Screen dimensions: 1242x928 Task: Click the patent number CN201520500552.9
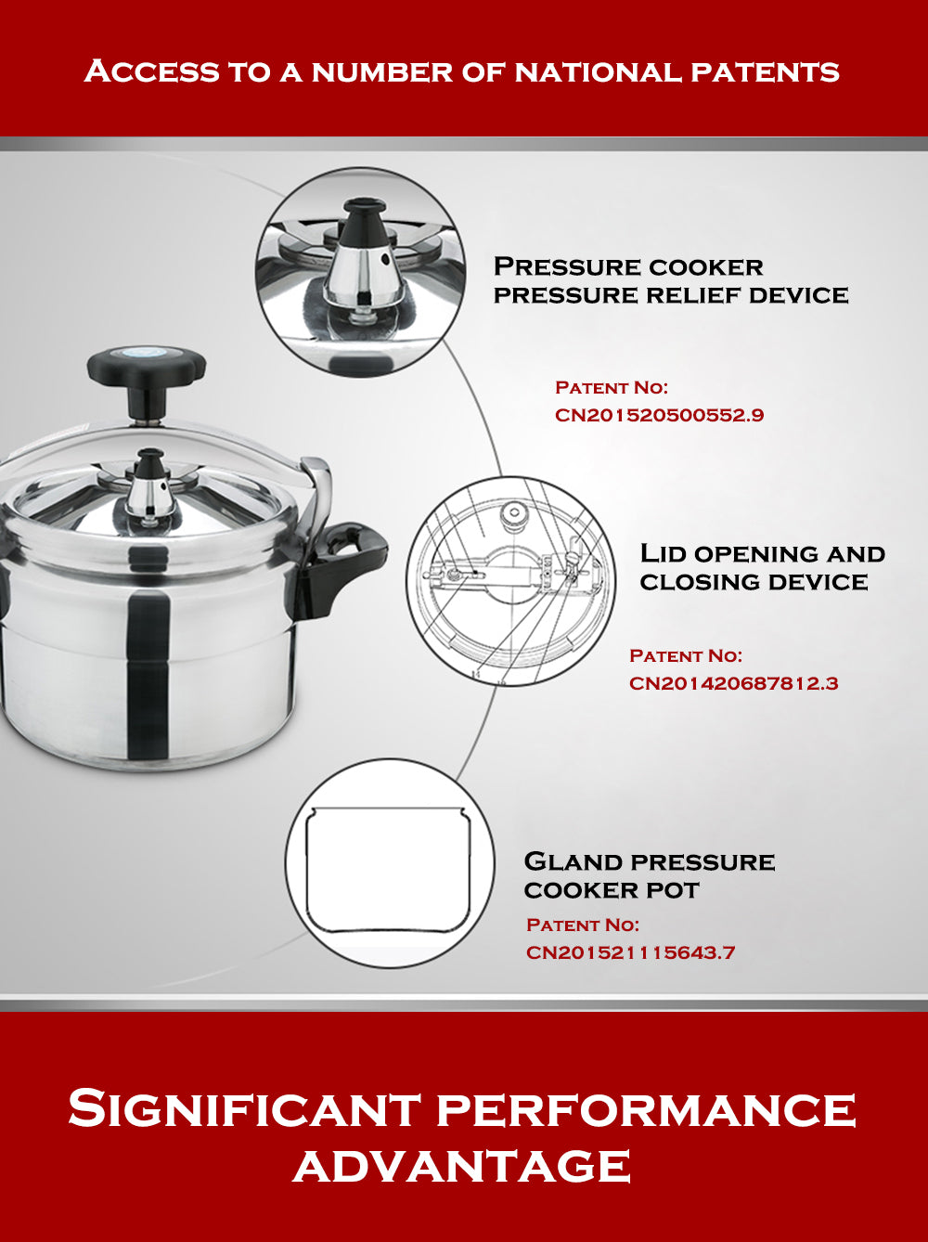(659, 415)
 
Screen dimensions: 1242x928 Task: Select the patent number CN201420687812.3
(733, 683)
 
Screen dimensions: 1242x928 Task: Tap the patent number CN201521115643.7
(630, 952)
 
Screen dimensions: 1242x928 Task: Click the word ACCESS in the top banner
(151, 71)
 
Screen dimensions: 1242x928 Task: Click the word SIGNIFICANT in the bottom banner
(245, 1109)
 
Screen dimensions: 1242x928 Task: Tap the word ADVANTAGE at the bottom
(462, 1166)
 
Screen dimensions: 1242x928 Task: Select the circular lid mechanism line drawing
(510, 580)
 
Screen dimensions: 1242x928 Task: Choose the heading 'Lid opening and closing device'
(762, 567)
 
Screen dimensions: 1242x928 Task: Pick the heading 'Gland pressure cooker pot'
(649, 875)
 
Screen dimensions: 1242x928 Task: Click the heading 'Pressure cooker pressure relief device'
(670, 280)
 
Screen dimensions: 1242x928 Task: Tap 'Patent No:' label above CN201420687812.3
(685, 656)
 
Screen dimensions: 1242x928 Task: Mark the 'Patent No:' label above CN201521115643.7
(582, 925)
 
